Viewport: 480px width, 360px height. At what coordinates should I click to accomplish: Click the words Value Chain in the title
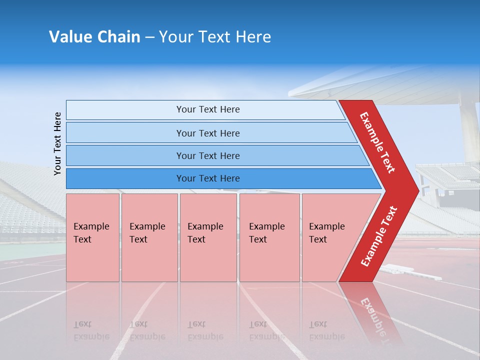[94, 37]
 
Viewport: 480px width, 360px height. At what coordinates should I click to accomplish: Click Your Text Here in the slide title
[215, 37]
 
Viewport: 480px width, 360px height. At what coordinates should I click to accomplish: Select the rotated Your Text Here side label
[58, 143]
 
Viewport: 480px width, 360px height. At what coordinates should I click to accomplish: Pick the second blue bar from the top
[208, 133]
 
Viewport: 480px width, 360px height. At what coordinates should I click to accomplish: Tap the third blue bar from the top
[208, 155]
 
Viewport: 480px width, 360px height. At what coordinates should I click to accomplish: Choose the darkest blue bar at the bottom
[208, 178]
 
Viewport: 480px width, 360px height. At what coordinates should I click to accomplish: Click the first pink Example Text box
[92, 237]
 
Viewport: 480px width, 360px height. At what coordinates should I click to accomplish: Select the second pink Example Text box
[149, 237]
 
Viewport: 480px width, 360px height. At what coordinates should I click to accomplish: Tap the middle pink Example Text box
[208, 237]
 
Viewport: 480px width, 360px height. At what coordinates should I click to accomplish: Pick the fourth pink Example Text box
[269, 237]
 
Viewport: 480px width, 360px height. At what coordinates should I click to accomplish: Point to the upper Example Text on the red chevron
[377, 142]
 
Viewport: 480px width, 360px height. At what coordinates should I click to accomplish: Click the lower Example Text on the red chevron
[378, 236]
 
